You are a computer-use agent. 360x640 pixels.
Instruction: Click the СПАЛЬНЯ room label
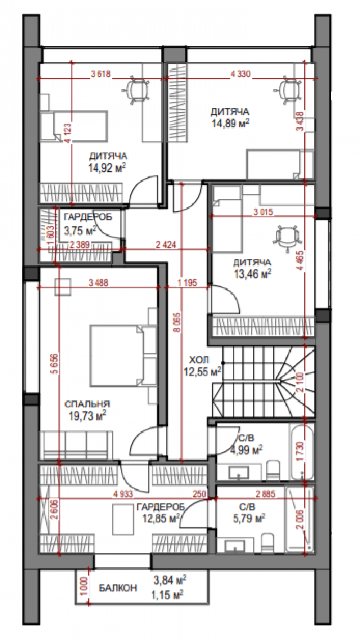[x=87, y=404]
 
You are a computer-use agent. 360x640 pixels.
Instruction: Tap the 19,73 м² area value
[x=87, y=416]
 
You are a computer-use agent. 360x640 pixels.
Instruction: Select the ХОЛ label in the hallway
[x=199, y=360]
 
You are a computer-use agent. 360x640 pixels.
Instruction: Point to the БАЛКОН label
[x=118, y=588]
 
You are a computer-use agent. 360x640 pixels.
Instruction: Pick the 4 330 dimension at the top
[x=240, y=75]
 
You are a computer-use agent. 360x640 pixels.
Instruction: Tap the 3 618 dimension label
[x=101, y=75]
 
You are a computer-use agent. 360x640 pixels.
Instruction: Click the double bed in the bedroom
[x=114, y=355]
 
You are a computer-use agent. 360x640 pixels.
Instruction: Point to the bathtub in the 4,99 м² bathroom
[x=302, y=452]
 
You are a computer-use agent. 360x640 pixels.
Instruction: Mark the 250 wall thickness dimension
[x=199, y=494]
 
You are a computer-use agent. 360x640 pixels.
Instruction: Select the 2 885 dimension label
[x=265, y=494]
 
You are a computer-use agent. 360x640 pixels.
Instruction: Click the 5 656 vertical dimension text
[x=54, y=365]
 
